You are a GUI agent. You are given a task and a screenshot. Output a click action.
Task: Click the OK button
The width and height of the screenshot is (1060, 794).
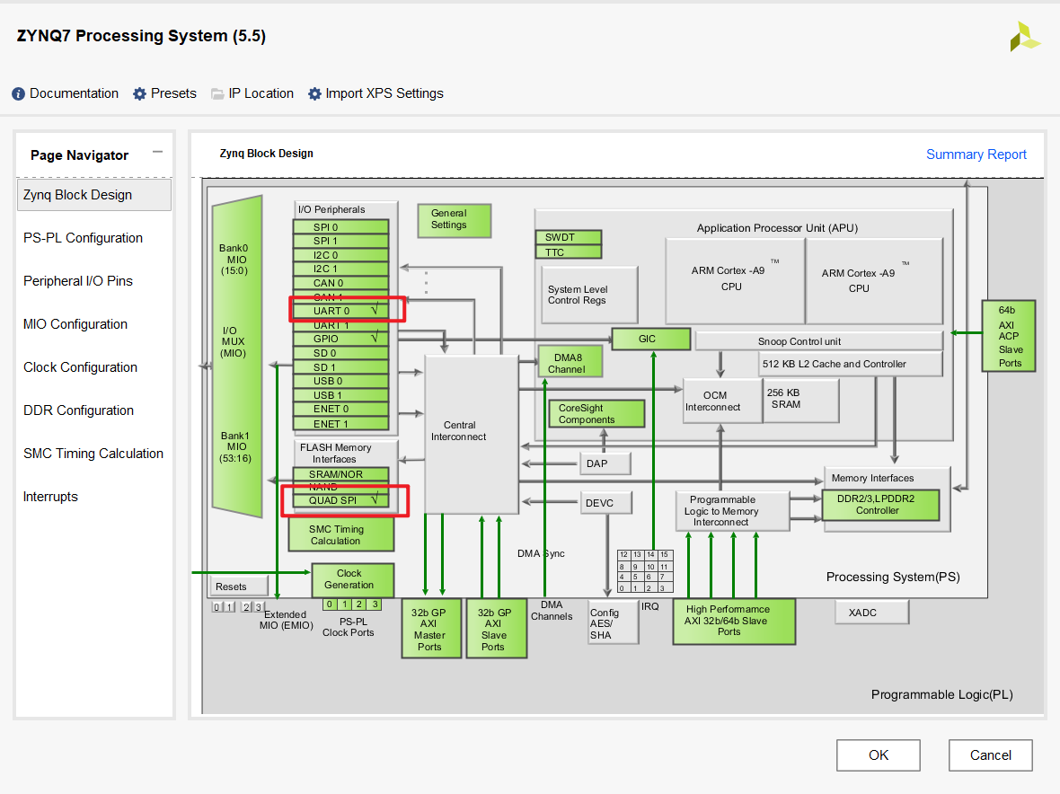[x=878, y=755]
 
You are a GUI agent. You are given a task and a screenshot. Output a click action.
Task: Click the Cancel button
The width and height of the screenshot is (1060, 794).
[x=990, y=755]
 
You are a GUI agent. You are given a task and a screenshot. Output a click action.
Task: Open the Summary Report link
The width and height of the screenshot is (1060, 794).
[x=976, y=154]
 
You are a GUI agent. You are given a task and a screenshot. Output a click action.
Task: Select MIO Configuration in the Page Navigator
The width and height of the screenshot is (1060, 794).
[x=75, y=324]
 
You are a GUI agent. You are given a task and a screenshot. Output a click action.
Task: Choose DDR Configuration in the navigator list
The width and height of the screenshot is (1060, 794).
[x=78, y=410]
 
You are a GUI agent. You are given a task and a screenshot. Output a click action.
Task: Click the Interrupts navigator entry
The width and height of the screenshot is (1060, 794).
[x=50, y=497]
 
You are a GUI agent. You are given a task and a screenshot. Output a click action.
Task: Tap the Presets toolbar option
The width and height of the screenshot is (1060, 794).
[x=165, y=93]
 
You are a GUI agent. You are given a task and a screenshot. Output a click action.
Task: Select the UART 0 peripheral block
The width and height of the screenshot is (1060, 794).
[x=340, y=311]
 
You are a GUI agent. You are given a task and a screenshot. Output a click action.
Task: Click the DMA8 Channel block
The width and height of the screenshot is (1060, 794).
[x=570, y=363]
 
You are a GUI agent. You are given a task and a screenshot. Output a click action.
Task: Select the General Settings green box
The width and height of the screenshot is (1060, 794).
[x=454, y=219]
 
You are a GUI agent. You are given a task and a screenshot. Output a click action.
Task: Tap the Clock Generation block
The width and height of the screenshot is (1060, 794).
[x=352, y=579]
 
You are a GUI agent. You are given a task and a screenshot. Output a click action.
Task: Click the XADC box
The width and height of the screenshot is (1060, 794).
[x=870, y=613]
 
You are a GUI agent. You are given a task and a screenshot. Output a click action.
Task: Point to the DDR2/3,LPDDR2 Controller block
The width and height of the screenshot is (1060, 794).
[x=880, y=505]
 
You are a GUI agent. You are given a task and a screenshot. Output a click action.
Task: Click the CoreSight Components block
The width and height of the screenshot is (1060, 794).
[x=596, y=413]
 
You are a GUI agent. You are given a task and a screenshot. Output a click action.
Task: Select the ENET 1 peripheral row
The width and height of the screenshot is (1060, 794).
[x=340, y=423]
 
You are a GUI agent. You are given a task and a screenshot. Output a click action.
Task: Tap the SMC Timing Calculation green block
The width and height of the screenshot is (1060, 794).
[x=340, y=535]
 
